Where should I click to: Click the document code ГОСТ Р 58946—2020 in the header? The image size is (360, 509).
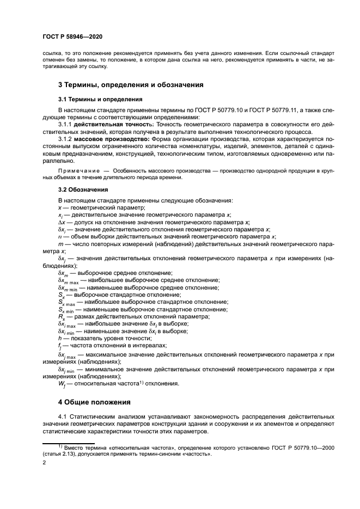coord(72,37)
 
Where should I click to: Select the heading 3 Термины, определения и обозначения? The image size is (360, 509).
coord(131,85)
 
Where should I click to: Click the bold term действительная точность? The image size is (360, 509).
coord(114,125)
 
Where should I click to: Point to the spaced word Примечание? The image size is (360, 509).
coord(77,171)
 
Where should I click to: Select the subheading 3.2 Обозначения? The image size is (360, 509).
coord(78,190)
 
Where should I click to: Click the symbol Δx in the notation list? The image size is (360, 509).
coord(62,222)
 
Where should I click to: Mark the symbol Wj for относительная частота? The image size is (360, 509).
coord(62,384)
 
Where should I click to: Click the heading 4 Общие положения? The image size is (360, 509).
coord(94,403)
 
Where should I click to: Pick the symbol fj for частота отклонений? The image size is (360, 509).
coord(60,346)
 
